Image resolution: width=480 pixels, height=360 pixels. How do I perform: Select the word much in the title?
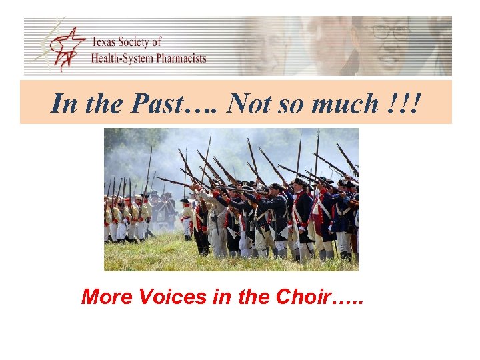click(347, 103)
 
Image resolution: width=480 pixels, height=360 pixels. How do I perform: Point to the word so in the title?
click(294, 103)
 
